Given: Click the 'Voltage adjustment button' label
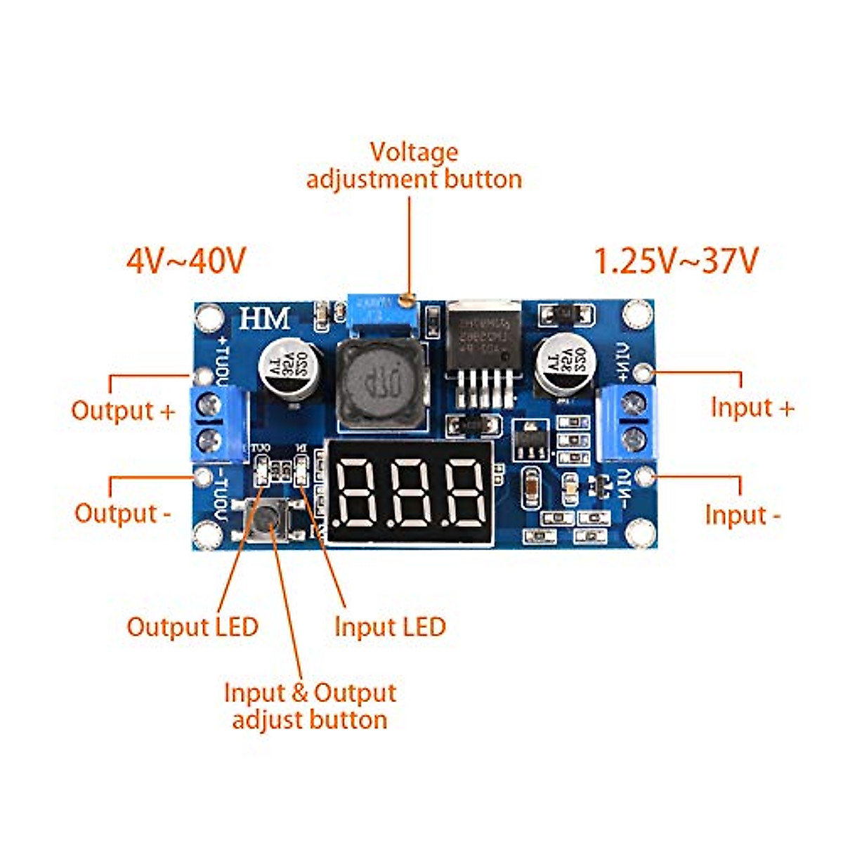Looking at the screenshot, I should [414, 166].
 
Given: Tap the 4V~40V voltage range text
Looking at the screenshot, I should [186, 261].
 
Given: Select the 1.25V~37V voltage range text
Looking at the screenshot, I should [677, 261].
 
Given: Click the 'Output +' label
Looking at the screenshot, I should [123, 410].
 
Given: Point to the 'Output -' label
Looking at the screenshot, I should [123, 513].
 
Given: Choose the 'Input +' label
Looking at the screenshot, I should [752, 407].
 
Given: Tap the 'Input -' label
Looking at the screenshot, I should [743, 515].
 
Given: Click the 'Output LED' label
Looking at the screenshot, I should [192, 627].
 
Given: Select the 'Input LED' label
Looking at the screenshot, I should [390, 627].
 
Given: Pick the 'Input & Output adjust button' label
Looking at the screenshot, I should [310, 706].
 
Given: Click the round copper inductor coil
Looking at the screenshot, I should [380, 384].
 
